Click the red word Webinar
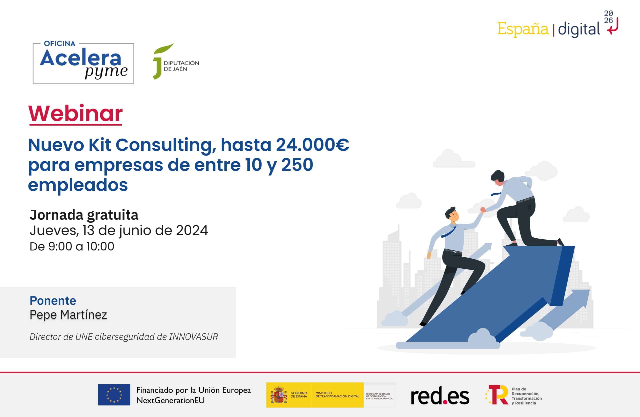coord(75,114)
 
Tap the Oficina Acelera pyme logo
coord(83,64)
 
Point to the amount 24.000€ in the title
coord(312,145)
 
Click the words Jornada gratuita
coord(84,215)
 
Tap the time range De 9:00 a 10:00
coord(72,246)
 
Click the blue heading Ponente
coord(53,300)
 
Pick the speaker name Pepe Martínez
coord(68,314)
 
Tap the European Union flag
coord(114,395)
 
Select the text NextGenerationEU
coord(170,400)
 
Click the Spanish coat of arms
coord(279,395)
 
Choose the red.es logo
coord(440,395)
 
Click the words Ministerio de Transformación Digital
coord(337,395)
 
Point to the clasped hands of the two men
coord(483,210)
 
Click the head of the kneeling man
coord(498,178)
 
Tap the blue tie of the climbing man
coord(448,232)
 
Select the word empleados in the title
coord(78,185)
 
